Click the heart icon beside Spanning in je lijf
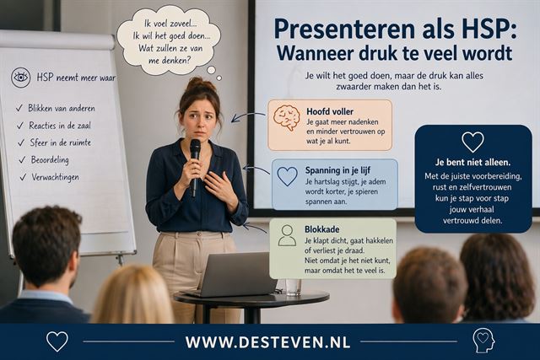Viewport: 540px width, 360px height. coord(287,176)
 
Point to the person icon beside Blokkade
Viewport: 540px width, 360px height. coord(287,234)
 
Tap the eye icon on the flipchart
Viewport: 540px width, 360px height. coord(21,78)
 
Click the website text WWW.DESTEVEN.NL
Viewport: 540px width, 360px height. coord(268,342)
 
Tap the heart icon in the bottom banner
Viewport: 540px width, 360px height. coord(57,341)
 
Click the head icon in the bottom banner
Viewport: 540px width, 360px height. coord(483,341)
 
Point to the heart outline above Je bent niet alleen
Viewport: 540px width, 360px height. coord(472,141)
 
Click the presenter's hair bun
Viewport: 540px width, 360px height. coord(197,83)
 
